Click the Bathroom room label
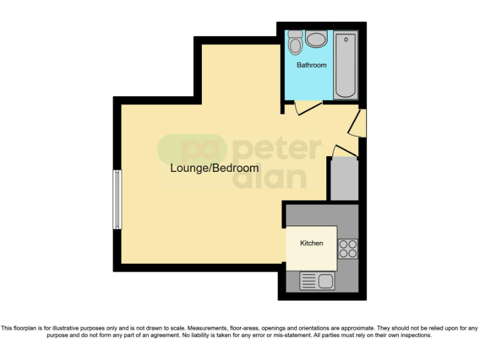pos(311,65)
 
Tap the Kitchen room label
pos(311,243)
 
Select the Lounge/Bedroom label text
pos(214,168)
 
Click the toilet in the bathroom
pos(295,43)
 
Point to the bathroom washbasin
pos(316,40)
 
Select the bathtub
pos(346,66)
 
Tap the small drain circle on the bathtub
pos(346,40)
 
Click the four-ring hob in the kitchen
pos(347,249)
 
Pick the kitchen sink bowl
pos(326,281)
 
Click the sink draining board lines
pos(309,281)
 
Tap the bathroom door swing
pos(307,107)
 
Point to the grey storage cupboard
pos(344,179)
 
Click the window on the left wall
pos(116,199)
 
